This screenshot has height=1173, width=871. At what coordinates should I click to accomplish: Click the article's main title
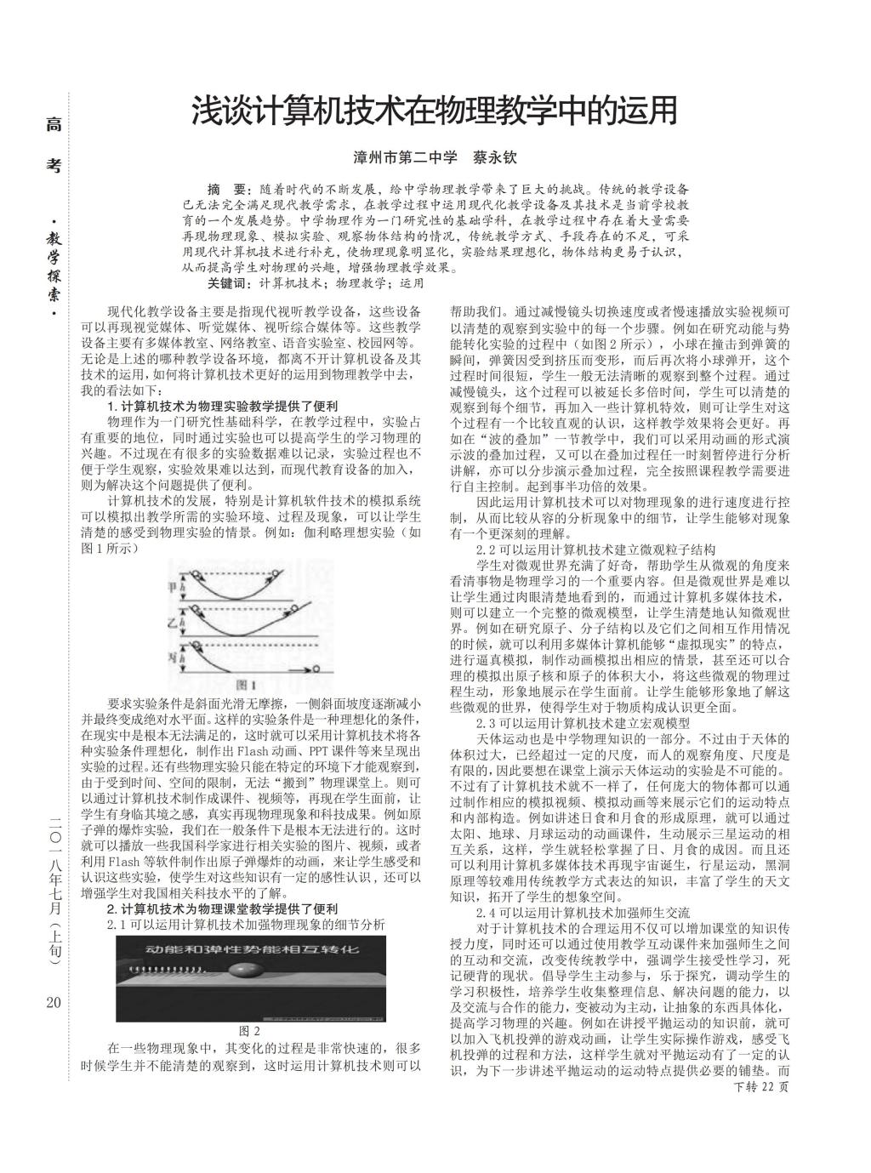coord(435,111)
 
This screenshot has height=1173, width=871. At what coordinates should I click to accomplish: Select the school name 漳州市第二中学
coord(406,157)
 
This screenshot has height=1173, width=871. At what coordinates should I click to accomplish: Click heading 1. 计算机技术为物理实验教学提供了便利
coord(223,406)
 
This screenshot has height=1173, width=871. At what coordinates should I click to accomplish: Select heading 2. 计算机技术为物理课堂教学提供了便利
coord(223,908)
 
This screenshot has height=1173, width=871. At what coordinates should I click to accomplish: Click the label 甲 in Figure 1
coord(176,586)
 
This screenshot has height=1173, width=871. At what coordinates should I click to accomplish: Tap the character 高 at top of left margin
coord(54,125)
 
